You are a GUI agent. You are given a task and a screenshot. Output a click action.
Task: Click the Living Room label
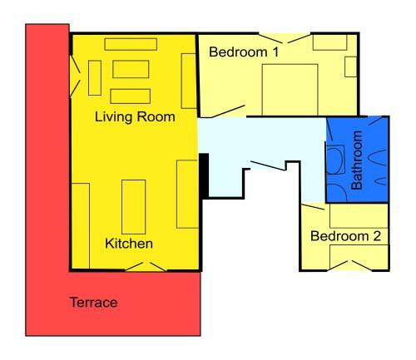tap(135, 117)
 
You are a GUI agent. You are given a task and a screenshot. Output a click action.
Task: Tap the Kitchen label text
tap(129, 244)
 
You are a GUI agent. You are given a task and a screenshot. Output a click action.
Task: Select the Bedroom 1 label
tap(244, 52)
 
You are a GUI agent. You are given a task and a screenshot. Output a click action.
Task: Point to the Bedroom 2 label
tap(345, 236)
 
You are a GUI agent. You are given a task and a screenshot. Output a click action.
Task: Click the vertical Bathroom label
tap(357, 160)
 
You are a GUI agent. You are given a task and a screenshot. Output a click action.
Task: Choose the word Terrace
tap(93, 302)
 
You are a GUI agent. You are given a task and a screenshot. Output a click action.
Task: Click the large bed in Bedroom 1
tap(290, 90)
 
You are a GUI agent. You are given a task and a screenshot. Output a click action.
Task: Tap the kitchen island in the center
tap(134, 207)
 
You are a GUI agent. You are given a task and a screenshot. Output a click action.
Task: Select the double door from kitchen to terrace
tap(146, 267)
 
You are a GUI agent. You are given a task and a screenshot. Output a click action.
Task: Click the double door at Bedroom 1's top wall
tap(285, 38)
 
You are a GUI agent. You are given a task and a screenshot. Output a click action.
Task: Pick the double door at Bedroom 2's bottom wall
tap(350, 265)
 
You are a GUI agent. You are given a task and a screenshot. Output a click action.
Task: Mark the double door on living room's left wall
tap(75, 76)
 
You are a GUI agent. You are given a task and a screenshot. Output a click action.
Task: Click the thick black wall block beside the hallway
tap(205, 175)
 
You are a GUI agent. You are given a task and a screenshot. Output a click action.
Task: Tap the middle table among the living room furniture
tap(131, 69)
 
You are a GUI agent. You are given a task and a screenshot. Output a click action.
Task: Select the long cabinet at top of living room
tap(131, 44)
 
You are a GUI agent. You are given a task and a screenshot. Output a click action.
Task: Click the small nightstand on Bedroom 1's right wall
tap(351, 67)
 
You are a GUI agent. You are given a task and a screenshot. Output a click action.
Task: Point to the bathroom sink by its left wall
tap(335, 160)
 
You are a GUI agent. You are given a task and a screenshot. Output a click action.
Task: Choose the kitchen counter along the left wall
tap(81, 226)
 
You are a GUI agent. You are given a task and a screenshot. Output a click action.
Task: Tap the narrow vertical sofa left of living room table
tap(95, 78)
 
